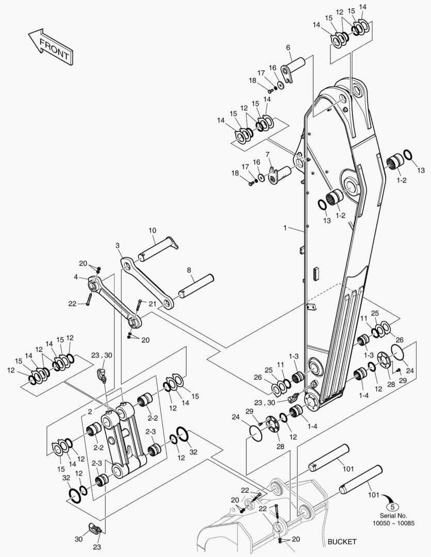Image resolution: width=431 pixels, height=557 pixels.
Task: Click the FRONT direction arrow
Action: (50, 47)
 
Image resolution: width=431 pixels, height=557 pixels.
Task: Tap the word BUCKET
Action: (342, 542)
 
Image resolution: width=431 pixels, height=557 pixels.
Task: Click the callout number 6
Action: (288, 47)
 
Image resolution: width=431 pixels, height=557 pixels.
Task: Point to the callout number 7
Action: (267, 154)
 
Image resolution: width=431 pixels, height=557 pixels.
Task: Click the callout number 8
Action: (188, 270)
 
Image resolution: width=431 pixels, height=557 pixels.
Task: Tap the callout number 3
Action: (118, 245)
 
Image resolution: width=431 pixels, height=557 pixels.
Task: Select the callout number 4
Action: (76, 277)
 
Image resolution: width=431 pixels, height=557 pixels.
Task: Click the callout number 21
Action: (153, 303)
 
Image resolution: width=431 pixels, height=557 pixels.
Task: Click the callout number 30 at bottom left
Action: (78, 539)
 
